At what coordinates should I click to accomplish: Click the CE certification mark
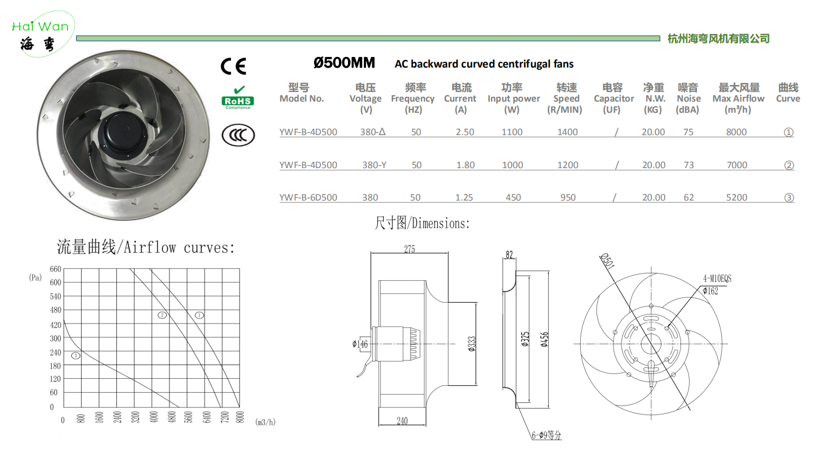coord(233,66)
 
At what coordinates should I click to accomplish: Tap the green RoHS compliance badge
coord(238,98)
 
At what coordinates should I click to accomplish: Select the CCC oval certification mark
coord(238,135)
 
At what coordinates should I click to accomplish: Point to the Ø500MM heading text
coord(344,63)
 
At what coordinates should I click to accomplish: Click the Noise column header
coord(688,98)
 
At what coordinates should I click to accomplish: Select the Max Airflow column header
coord(738,98)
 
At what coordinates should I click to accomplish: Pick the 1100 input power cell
coord(512,132)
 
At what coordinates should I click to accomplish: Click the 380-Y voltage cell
coord(374,165)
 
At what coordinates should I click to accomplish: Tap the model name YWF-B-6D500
coord(308,198)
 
